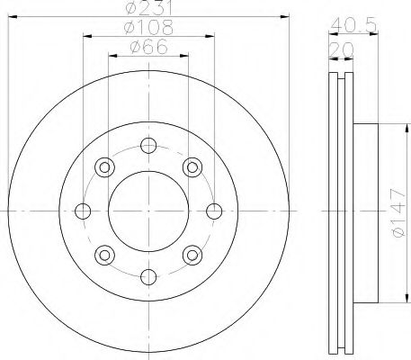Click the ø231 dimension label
[148, 8]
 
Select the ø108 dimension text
[148, 28]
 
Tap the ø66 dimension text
[148, 47]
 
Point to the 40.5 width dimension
[353, 25]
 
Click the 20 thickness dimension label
[342, 50]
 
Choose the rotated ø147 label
[399, 212]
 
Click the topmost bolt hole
[148, 146]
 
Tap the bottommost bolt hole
[148, 277]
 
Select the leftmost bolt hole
[83, 211]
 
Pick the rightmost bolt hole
[214, 211]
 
